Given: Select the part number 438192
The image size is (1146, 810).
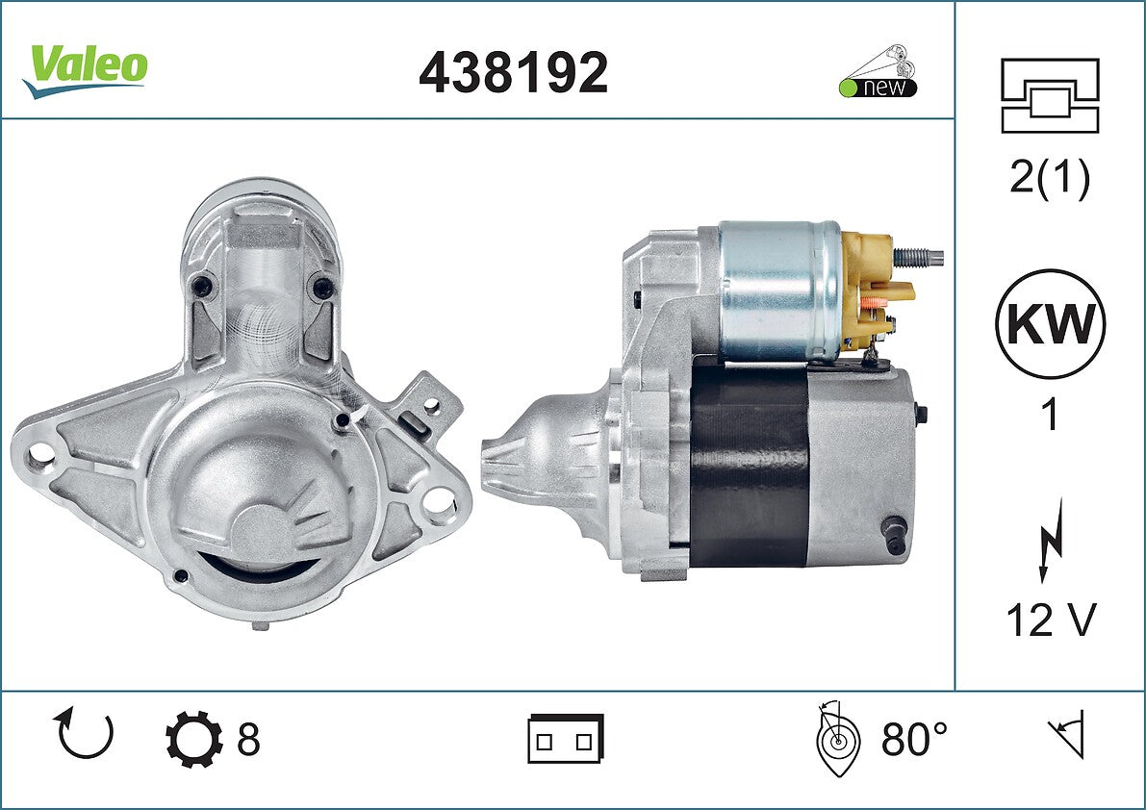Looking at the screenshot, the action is point(513,72).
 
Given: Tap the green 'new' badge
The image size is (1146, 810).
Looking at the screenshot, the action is point(878,88).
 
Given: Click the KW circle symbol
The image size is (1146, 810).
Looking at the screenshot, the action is point(1050,323).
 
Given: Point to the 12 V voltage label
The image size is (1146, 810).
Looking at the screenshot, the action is point(1051,620).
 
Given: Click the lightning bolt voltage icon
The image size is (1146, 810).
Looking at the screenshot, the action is point(1050,540).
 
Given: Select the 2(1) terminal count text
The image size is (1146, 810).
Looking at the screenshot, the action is point(1050,177).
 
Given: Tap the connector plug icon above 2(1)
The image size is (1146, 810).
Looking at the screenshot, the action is point(1050,95).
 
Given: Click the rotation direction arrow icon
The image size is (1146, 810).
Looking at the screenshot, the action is point(84,733).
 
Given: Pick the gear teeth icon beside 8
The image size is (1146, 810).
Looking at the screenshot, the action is point(193,739).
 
